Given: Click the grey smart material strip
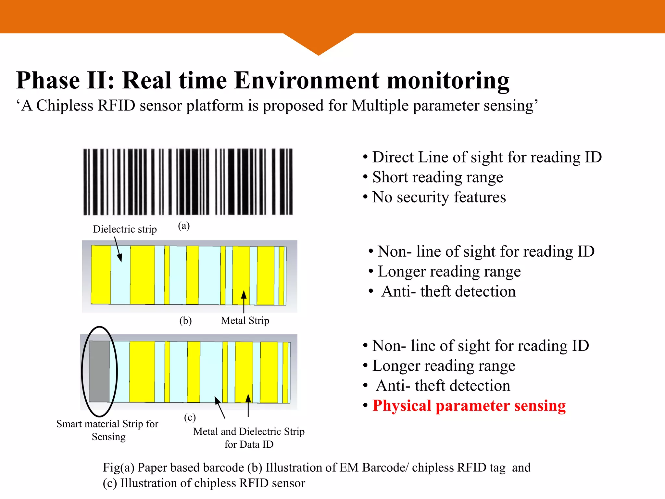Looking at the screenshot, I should pyautogui.click(x=99, y=371).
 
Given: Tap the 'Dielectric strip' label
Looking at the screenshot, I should pyautogui.click(x=125, y=229).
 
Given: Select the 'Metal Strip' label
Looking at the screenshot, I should pyautogui.click(x=245, y=321).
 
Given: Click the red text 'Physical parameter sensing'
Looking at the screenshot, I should pyautogui.click(x=469, y=406).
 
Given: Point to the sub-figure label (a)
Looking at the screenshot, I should pyautogui.click(x=184, y=226).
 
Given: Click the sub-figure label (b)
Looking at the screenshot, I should pyautogui.click(x=185, y=321).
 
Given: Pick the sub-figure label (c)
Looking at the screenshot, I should pyautogui.click(x=190, y=417).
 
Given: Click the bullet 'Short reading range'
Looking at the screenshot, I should pyautogui.click(x=437, y=177).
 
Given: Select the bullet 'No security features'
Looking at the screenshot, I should pyautogui.click(x=439, y=197).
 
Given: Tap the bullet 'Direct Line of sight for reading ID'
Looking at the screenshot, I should pyautogui.click(x=487, y=157).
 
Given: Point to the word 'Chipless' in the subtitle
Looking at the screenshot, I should pyautogui.click(x=65, y=106).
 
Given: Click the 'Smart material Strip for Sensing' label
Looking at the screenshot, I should pyautogui.click(x=107, y=430).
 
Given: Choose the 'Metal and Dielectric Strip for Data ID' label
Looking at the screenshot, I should pyautogui.click(x=249, y=438).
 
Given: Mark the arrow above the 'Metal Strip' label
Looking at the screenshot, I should pyautogui.click(x=244, y=301).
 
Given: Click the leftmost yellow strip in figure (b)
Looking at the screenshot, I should pyautogui.click(x=101, y=275).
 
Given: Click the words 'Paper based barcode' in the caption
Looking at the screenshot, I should pyautogui.click(x=191, y=467).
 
